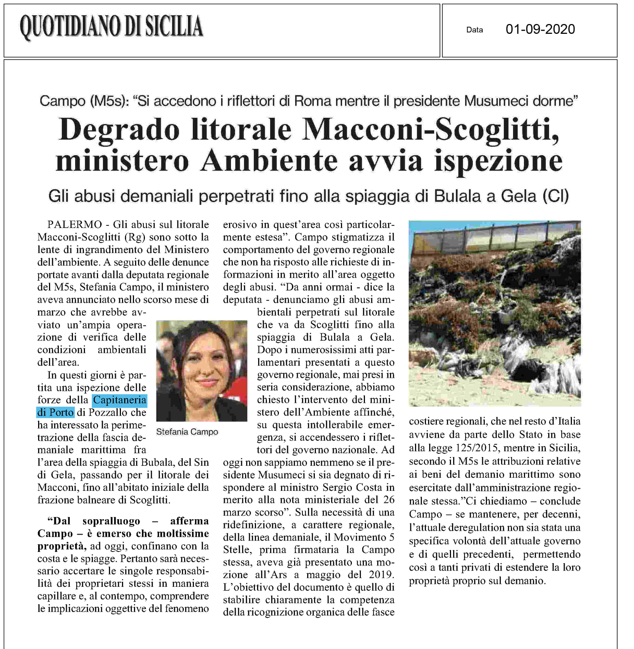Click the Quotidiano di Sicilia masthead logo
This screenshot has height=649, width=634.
[111, 27]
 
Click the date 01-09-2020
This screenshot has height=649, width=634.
[540, 29]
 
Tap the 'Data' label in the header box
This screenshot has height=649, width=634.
[474, 30]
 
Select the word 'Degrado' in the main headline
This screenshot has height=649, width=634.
[119, 130]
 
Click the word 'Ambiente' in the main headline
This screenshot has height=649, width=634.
[269, 161]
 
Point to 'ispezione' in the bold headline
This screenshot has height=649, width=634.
[498, 161]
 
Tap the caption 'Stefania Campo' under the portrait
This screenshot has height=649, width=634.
[187, 432]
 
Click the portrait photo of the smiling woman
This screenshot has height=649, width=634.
[202, 370]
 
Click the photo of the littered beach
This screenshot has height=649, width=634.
[495, 313]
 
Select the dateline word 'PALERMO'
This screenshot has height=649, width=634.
[74, 224]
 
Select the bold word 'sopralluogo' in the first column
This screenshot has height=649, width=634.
[111, 521]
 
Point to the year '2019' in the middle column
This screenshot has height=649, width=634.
[381, 575]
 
